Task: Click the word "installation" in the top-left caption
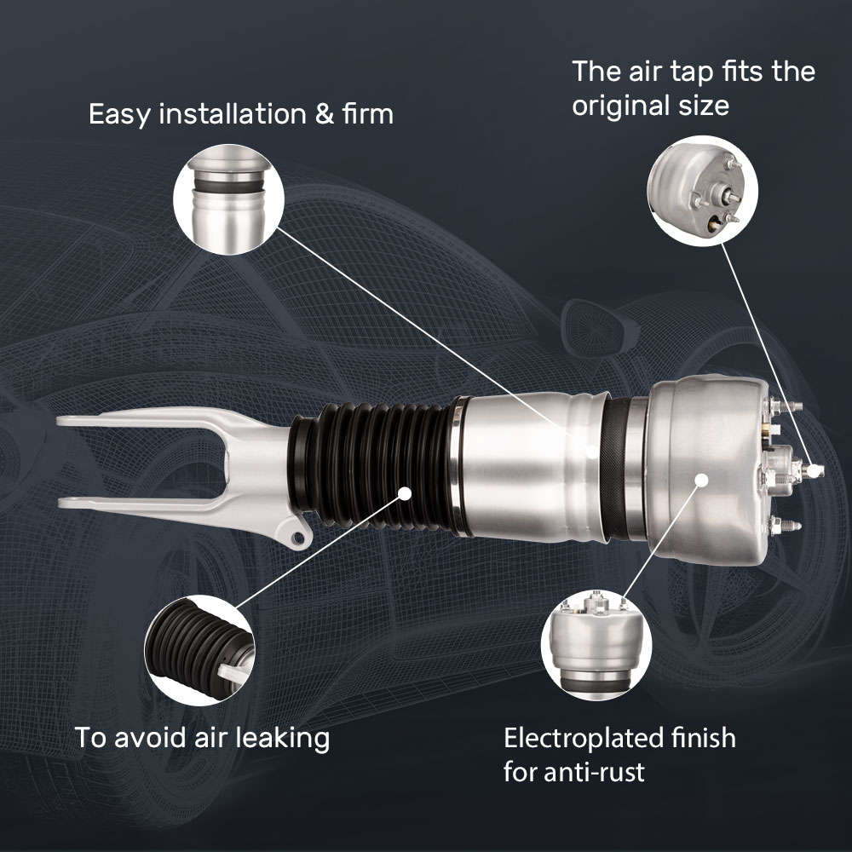click(x=231, y=114)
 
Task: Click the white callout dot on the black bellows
click(x=405, y=492)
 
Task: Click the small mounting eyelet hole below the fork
click(x=297, y=538)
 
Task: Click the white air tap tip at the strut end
click(x=815, y=469)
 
